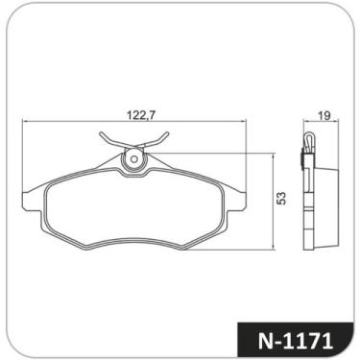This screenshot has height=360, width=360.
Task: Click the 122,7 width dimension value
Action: [141, 113]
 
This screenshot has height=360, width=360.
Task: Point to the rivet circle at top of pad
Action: [135, 158]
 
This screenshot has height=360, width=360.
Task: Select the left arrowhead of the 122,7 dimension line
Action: [25, 123]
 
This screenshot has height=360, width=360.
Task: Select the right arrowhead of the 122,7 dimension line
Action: [245, 123]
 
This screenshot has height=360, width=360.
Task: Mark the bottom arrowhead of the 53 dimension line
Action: [271, 249]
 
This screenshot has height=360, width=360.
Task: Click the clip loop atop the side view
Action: [306, 141]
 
